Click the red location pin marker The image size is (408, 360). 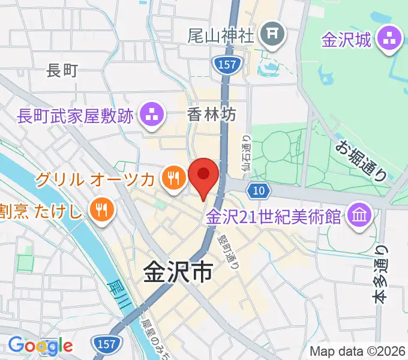tap(203, 175)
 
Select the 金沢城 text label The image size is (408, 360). tap(346, 40)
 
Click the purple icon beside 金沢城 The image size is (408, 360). tap(388, 40)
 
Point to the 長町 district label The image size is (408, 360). tap(62, 71)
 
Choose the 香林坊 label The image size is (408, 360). tap(212, 113)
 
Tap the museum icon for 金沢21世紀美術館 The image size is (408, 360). tap(361, 214)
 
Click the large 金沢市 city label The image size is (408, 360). tap(178, 274)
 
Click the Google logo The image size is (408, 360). tap(40, 345)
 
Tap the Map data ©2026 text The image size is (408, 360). tap(357, 350)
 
